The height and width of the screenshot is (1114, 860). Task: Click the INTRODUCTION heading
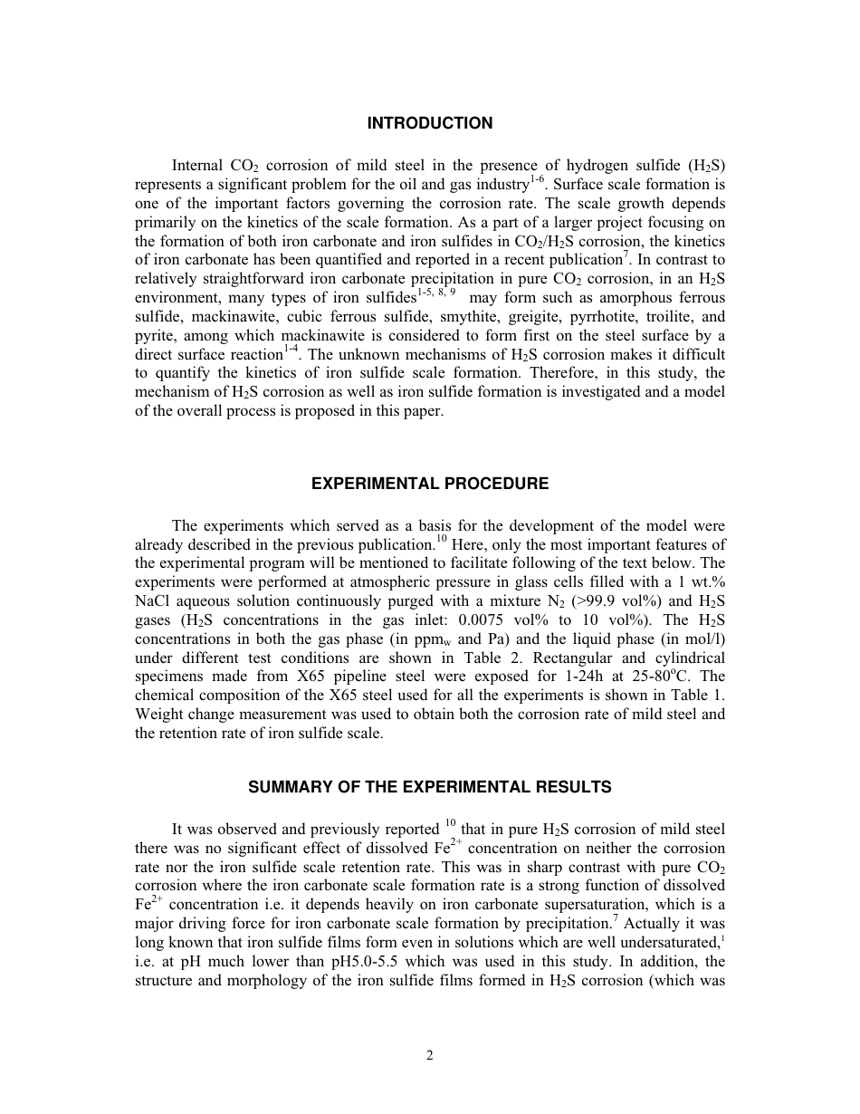click(430, 123)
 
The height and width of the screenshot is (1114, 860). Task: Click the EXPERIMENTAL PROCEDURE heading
click(430, 484)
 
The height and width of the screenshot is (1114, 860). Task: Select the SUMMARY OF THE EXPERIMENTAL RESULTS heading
click(430, 787)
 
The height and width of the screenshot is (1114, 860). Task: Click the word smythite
click(437, 317)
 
